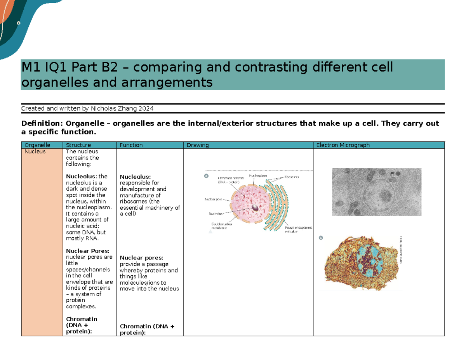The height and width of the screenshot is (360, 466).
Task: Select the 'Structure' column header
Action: click(x=78, y=145)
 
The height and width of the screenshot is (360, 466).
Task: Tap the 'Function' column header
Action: click(x=131, y=145)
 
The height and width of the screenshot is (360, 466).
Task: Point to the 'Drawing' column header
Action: click(x=198, y=145)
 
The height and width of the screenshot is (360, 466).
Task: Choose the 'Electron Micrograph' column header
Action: click(x=343, y=145)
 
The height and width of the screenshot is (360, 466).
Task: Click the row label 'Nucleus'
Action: click(x=35, y=151)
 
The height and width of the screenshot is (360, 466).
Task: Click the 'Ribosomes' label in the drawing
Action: click(x=291, y=177)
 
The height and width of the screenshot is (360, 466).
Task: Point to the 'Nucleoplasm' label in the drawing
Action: click(x=258, y=176)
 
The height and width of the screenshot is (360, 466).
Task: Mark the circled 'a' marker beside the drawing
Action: click(x=207, y=176)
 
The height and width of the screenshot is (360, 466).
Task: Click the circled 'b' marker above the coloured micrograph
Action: click(x=321, y=238)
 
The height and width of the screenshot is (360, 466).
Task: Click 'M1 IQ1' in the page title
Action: click(x=41, y=68)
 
